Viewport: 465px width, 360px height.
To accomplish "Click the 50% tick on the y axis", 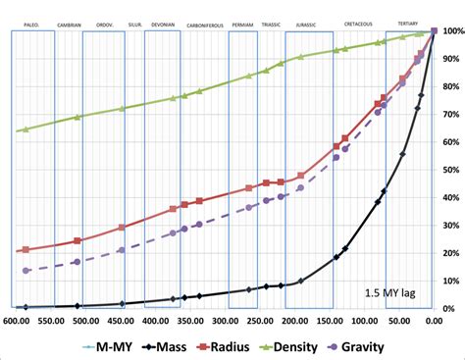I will point(450,170).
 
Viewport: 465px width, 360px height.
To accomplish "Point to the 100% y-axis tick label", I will point(450,31).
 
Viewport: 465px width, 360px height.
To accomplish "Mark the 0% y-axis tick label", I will point(450,309).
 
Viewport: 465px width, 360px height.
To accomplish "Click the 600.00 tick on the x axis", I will point(17,320).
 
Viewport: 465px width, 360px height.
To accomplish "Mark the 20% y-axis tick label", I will point(450,253).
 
